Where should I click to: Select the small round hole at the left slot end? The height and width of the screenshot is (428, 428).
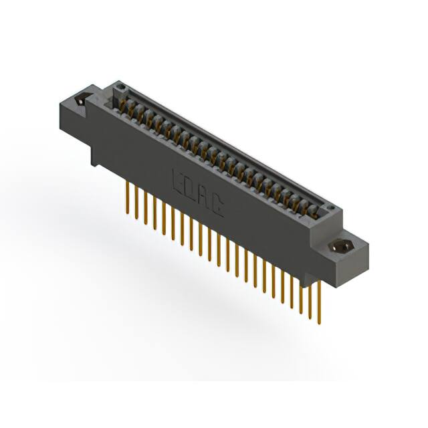click(120, 87)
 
